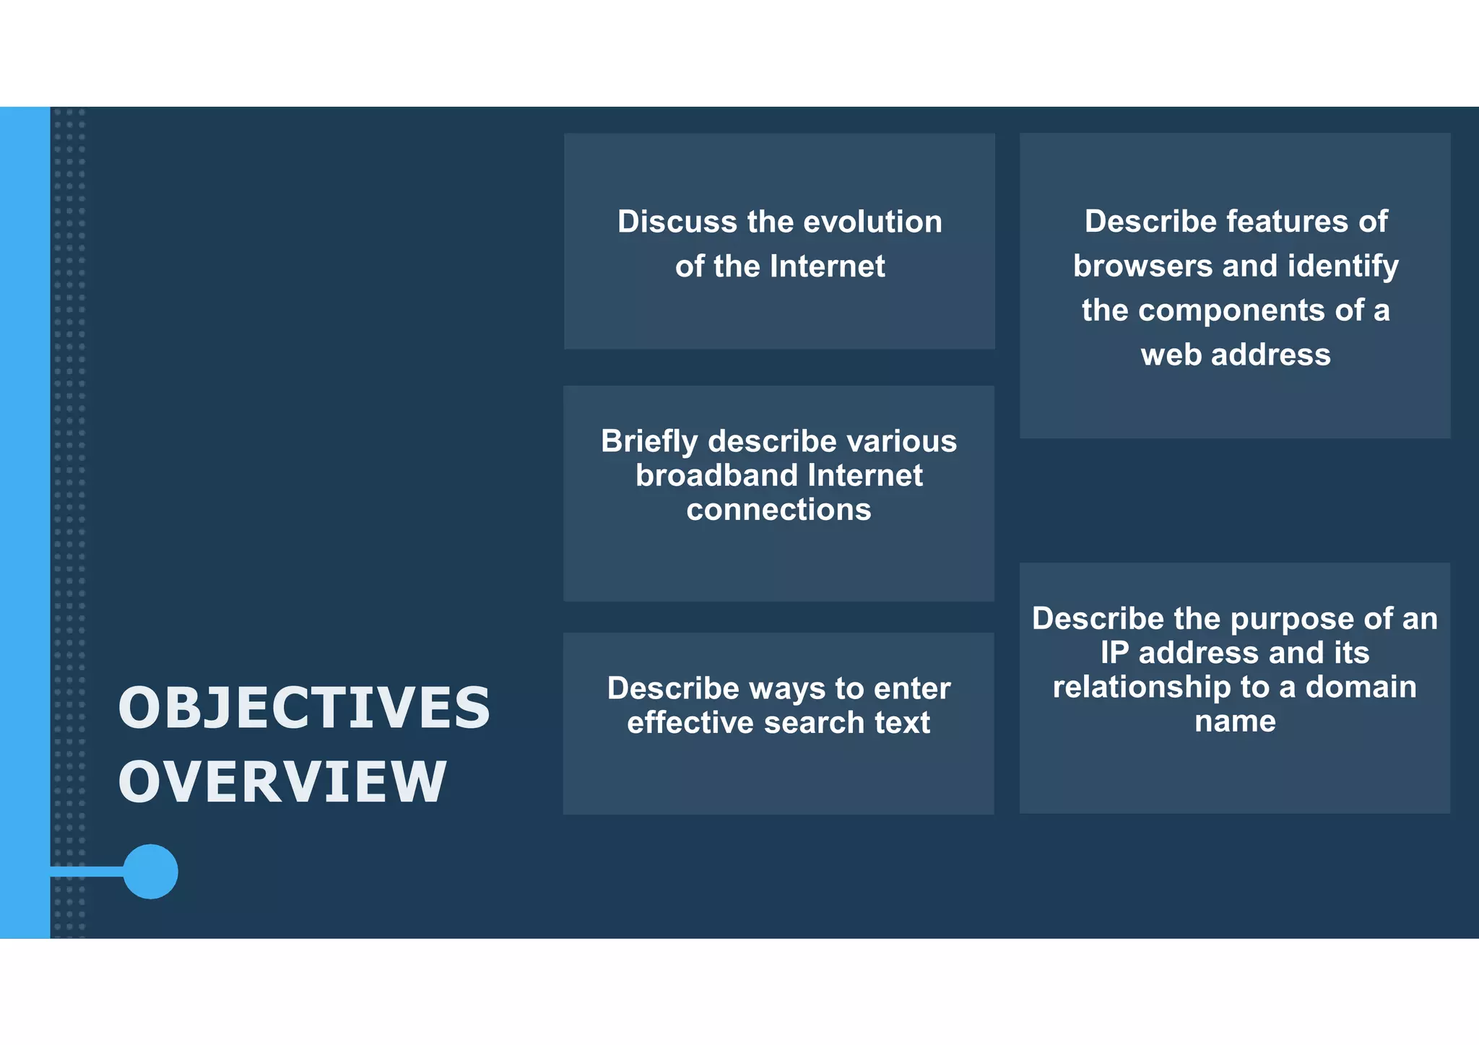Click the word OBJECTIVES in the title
[x=304, y=708]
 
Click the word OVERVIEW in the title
[x=282, y=782]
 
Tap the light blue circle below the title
[x=150, y=872]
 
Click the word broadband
[x=716, y=476]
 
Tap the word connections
[x=778, y=510]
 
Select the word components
[x=1231, y=311]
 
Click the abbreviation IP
[x=1114, y=654]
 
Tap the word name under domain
[x=1235, y=721]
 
